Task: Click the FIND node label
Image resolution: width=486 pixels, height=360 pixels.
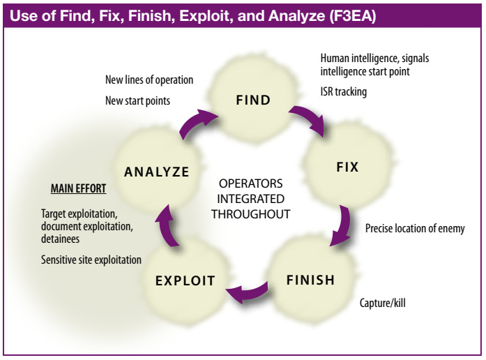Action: coord(253,100)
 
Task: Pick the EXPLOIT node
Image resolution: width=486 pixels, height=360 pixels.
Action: coord(185,282)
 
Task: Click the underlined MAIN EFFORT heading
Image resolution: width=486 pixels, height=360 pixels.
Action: coord(79,188)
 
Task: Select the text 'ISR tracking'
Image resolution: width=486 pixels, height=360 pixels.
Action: coord(343,91)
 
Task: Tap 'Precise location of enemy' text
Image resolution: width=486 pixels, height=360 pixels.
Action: coord(414,228)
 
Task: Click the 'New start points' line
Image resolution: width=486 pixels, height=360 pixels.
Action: coord(137,100)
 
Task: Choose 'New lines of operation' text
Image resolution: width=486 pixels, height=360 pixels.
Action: coord(149,80)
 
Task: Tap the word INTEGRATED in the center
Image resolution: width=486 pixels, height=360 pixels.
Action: coord(252,200)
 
